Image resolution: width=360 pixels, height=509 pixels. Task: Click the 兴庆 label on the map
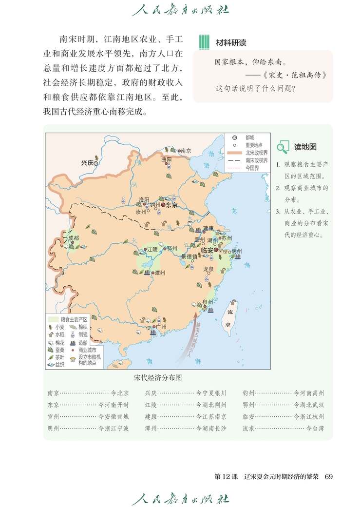tap(87, 163)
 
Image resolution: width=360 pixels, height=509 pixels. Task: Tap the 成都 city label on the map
tap(73, 238)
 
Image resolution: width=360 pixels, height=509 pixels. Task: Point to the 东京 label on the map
tap(171, 205)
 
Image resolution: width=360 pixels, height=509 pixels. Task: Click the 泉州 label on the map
tap(208, 302)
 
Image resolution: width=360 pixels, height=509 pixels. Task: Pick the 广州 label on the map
tap(161, 327)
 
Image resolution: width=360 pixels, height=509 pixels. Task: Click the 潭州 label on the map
tap(160, 273)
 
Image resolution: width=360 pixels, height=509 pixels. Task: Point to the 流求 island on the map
tap(228, 317)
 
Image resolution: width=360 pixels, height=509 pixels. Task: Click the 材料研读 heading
tap(231, 43)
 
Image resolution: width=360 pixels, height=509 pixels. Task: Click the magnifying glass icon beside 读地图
tap(283, 147)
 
